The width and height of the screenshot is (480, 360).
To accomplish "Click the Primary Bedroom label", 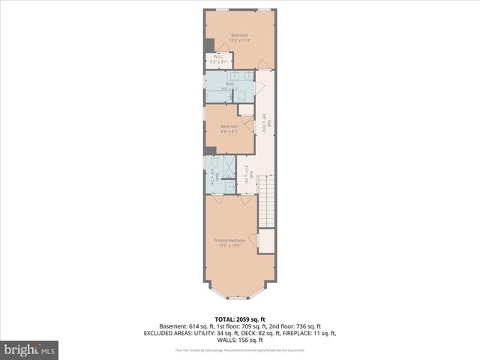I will click(x=232, y=240).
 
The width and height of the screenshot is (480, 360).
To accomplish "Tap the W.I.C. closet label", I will click(x=218, y=56).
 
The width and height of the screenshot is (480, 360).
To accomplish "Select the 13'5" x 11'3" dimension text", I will click(x=239, y=41).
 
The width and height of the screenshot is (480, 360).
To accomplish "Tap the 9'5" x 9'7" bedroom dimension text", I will click(x=229, y=132).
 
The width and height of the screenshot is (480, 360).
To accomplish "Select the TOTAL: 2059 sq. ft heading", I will click(x=239, y=318).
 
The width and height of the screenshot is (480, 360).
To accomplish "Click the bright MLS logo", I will click(x=30, y=349).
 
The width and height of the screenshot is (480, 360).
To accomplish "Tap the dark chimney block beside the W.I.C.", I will click(x=208, y=44).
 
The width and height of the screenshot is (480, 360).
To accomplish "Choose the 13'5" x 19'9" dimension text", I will click(x=232, y=245).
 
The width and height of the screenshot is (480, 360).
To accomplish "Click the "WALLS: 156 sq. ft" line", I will click(x=239, y=340).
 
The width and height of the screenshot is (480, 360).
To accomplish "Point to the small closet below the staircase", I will click(x=266, y=241).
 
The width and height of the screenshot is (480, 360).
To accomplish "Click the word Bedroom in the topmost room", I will click(x=239, y=36).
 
